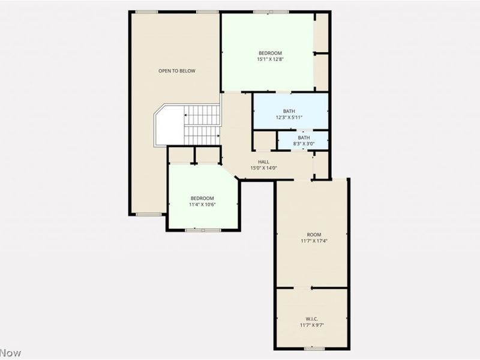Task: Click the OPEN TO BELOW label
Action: pos(177,71)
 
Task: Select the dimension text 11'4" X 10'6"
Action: pos(202,205)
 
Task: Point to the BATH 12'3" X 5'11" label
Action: pos(289,114)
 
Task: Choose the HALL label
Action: pos(263,161)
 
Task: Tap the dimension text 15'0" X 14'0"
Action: pos(263,168)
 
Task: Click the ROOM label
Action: pos(314,234)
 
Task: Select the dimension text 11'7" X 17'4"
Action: pos(314,241)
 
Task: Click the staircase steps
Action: pos(202,124)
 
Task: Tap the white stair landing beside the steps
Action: pos(169,125)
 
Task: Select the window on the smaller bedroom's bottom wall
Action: pos(202,230)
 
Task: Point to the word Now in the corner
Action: pos(10,353)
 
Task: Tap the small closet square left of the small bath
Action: pos(264,140)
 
